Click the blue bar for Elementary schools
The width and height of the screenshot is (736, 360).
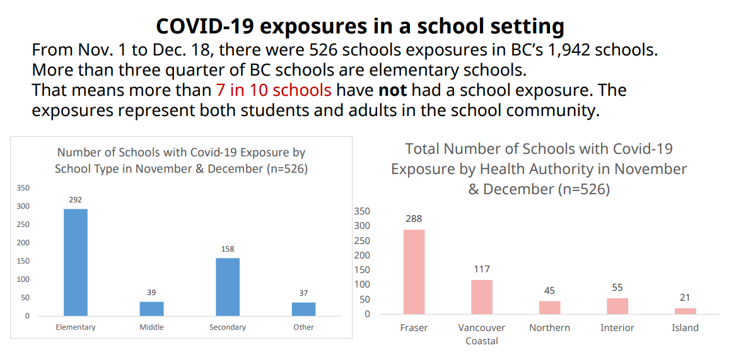coord(75,262)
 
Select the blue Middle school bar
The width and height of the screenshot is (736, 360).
coord(151,308)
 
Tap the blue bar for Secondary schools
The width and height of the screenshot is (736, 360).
coord(228,286)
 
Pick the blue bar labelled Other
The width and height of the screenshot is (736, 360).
coord(303,309)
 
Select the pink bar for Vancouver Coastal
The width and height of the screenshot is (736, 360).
coord(482,296)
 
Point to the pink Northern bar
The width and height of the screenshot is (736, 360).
coord(549,307)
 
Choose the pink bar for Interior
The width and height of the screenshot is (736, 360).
coord(617,306)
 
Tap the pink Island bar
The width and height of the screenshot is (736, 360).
coord(685,311)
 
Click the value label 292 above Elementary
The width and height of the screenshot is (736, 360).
coord(75,200)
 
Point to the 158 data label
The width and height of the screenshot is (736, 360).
coord(228,249)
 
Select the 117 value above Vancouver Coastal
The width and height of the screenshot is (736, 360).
coord(482,269)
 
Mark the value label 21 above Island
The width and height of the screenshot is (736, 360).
coord(685,298)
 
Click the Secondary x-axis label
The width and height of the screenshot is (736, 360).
coord(228,327)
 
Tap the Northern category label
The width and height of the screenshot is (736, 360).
coord(549,328)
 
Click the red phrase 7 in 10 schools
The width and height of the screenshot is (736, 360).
coord(273,90)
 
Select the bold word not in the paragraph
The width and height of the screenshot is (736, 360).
coord(392,90)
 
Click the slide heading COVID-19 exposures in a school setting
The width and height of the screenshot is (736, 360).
coord(360,26)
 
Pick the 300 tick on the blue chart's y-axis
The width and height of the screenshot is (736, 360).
coord(23,206)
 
